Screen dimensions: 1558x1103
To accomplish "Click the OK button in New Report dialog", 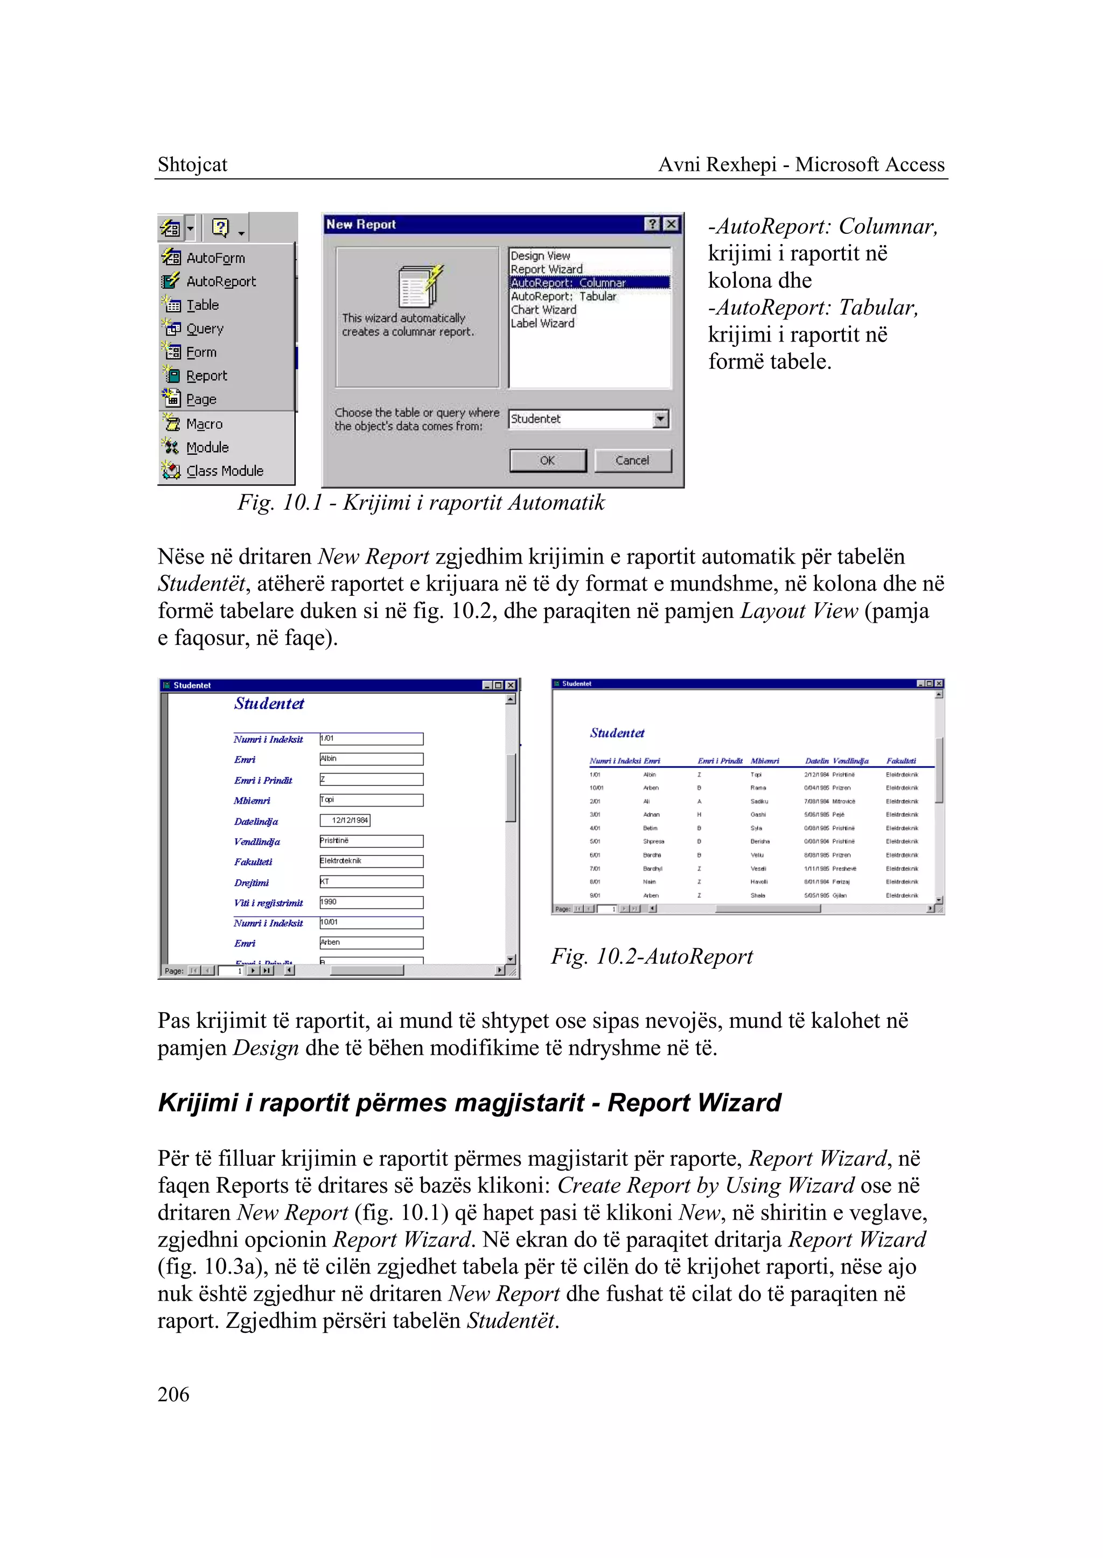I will tap(547, 461).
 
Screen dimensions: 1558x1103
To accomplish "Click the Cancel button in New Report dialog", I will tap(632, 461).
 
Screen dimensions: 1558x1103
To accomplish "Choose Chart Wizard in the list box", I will tap(543, 310).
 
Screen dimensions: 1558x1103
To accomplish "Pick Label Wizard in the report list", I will tap(542, 323).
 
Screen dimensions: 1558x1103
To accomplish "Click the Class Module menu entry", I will tap(224, 471).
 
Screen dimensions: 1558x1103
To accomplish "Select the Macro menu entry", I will tap(204, 424).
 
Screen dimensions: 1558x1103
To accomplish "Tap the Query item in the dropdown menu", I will tap(205, 329).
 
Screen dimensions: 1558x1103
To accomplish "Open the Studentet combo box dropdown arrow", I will tap(660, 419).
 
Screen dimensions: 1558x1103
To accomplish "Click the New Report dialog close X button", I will tap(671, 224).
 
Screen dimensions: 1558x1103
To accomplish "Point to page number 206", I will tap(173, 1394).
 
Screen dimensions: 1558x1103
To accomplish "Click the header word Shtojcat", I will tap(192, 164).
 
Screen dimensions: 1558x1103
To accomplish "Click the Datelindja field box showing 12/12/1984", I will tap(345, 820).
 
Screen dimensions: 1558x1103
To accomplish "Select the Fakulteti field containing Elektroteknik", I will tap(371, 861).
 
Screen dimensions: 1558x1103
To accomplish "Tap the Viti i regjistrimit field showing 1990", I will tap(371, 902).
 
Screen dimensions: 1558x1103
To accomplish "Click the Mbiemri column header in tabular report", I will tap(765, 761).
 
